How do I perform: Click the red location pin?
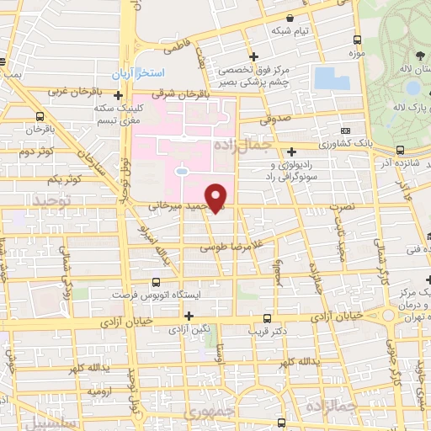217,196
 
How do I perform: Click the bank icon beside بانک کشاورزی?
346,130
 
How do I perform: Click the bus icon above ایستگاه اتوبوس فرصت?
155,283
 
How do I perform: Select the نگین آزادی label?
189,330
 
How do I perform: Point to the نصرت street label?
341,206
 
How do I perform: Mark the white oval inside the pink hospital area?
181,172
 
